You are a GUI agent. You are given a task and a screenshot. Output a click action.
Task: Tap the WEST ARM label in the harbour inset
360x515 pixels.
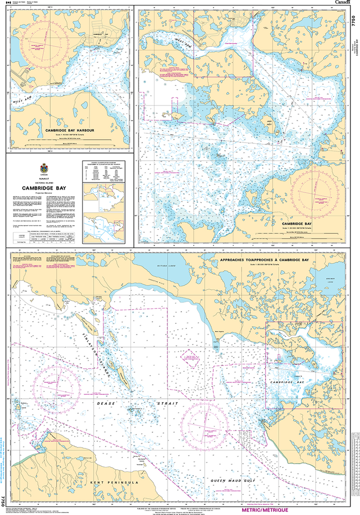click(x=24, y=101)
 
